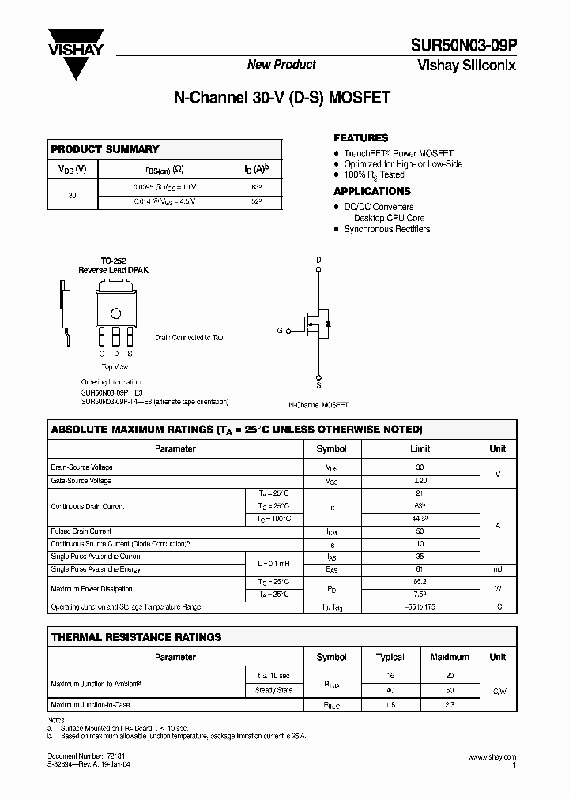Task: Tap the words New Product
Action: pyautogui.click(x=281, y=65)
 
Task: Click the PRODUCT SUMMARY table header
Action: pyautogui.click(x=105, y=149)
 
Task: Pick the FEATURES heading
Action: pyautogui.click(x=360, y=137)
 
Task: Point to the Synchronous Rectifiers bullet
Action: pyautogui.click(x=386, y=229)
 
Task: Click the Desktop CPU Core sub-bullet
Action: pyautogui.click(x=389, y=218)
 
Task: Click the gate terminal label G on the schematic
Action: pyautogui.click(x=280, y=331)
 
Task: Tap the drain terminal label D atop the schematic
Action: pyautogui.click(x=318, y=260)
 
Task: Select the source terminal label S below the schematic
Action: pyautogui.click(x=318, y=385)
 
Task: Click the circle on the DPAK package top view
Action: pyautogui.click(x=116, y=312)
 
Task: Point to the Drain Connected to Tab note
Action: pyautogui.click(x=189, y=337)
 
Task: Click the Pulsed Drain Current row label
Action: pyautogui.click(x=81, y=531)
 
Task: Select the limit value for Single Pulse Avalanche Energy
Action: pyautogui.click(x=420, y=569)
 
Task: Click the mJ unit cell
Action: pyautogui.click(x=497, y=569)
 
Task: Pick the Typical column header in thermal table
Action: pyautogui.click(x=390, y=657)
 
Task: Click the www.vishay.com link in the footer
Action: pyautogui.click(x=491, y=757)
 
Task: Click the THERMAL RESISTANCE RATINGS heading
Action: pyautogui.click(x=136, y=637)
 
